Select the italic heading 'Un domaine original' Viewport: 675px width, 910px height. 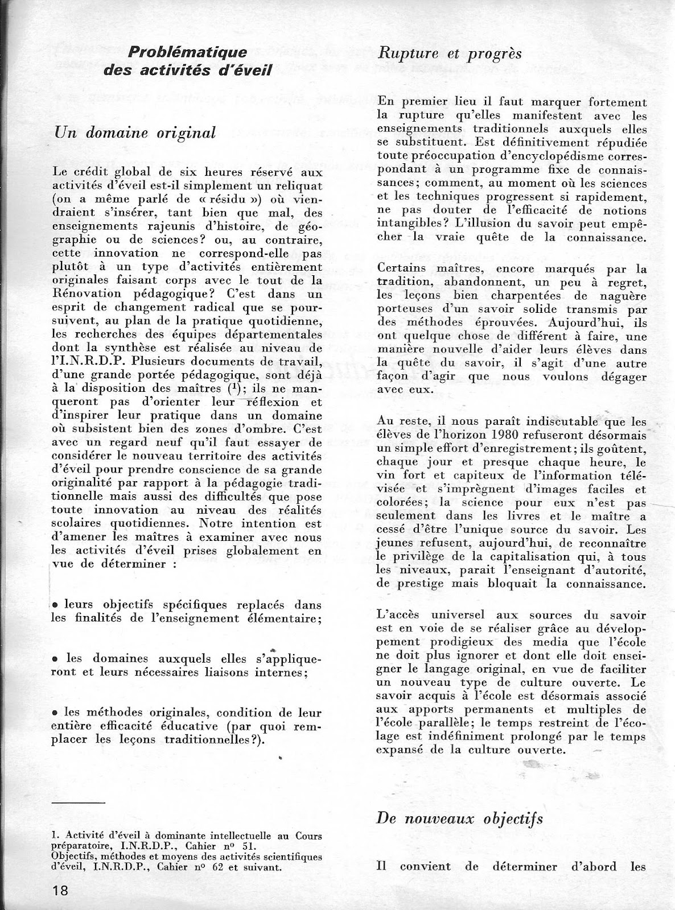(134, 132)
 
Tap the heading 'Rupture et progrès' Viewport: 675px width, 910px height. (450, 53)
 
